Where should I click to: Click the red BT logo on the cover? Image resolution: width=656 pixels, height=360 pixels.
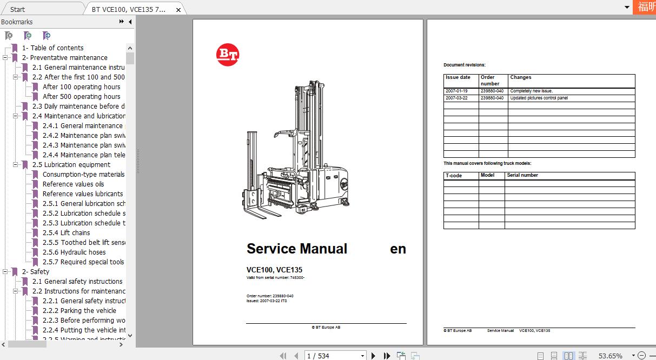click(x=228, y=55)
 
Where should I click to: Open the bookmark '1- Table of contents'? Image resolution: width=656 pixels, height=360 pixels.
click(x=52, y=48)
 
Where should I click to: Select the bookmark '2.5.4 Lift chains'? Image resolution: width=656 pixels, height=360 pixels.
click(x=66, y=233)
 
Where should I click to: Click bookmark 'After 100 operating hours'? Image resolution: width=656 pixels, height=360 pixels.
click(x=81, y=87)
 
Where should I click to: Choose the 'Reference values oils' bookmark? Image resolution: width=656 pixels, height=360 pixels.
click(x=73, y=184)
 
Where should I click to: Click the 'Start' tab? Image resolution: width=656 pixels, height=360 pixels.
click(x=17, y=9)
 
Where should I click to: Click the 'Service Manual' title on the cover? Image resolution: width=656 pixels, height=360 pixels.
click(x=297, y=249)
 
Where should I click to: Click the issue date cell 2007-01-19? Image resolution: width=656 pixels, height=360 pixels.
click(x=456, y=91)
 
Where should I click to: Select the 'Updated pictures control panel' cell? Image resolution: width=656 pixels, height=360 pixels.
click(x=539, y=98)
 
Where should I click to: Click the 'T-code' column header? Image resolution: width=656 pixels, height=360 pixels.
click(x=454, y=176)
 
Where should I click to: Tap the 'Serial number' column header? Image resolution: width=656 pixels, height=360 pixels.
click(x=522, y=175)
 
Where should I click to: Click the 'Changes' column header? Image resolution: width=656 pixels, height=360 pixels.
click(x=521, y=77)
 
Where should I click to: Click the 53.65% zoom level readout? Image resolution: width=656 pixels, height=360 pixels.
click(x=610, y=356)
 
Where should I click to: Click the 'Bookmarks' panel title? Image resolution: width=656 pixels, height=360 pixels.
click(x=17, y=22)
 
